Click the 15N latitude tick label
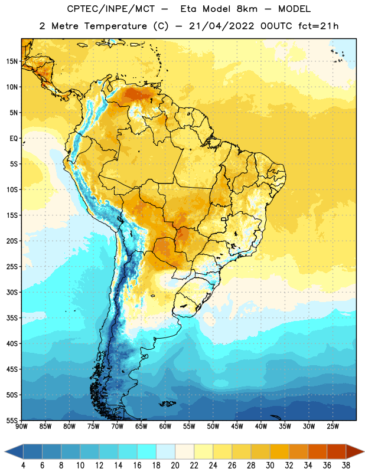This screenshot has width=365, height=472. [12, 61]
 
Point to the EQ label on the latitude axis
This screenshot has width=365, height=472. [14, 139]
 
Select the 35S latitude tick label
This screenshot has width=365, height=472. [12, 318]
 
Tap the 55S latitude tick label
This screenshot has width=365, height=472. [12, 421]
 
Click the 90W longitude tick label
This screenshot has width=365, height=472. [21, 427]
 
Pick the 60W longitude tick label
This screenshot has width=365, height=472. [165, 427]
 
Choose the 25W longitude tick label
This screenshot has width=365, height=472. [333, 427]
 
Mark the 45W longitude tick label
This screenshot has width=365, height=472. [237, 427]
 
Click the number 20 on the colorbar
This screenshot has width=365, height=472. [175, 466]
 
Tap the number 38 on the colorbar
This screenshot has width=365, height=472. [346, 466]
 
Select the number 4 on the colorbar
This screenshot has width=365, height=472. [23, 466]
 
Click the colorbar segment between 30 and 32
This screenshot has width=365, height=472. [279, 452]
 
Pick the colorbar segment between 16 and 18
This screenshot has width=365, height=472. [146, 452]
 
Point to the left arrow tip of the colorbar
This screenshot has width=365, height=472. [5, 452]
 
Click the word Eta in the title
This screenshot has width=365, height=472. [188, 9]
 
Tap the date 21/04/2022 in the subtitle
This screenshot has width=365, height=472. [221, 26]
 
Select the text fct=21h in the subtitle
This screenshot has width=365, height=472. [318, 26]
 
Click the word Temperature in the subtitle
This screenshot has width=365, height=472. [115, 27]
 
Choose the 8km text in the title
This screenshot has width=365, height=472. [247, 9]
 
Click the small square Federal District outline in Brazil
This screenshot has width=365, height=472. [224, 219]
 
